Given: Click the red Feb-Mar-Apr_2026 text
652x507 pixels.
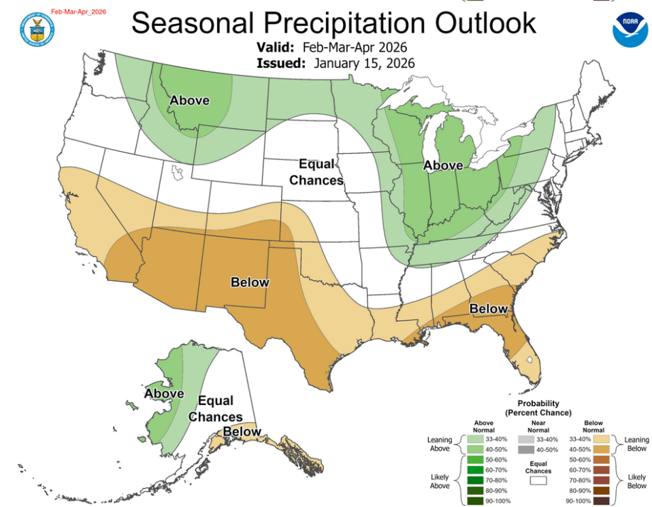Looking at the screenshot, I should pyautogui.click(x=79, y=12).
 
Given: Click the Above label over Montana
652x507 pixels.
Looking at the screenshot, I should pyautogui.click(x=189, y=101).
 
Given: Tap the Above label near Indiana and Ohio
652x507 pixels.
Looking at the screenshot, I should pyautogui.click(x=442, y=165).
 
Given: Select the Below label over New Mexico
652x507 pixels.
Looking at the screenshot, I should pyautogui.click(x=250, y=282).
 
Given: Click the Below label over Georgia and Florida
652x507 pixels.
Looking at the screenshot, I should pyautogui.click(x=488, y=309).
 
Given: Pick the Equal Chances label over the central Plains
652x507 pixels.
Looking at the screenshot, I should pyautogui.click(x=316, y=172).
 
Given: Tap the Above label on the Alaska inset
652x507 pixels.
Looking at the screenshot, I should pyautogui.click(x=164, y=393).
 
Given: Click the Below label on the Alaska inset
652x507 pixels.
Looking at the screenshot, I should pyautogui.click(x=242, y=431).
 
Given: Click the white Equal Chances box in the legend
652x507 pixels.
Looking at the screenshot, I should pyautogui.click(x=538, y=480).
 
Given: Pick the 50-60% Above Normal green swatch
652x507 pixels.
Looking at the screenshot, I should pyautogui.click(x=475, y=460).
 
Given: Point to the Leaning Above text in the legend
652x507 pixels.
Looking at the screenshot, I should pyautogui.click(x=439, y=444).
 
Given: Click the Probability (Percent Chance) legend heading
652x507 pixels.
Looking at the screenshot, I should pyautogui.click(x=538, y=408).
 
